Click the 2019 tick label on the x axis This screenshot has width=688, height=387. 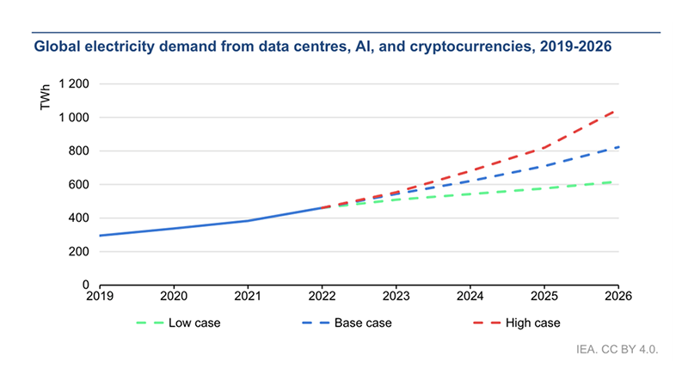[100, 296]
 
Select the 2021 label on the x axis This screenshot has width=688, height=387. [248, 296]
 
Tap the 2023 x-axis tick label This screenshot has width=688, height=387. [396, 296]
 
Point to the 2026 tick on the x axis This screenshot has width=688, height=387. [618, 296]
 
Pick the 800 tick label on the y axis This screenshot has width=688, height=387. [80, 151]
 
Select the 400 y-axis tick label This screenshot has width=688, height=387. [80, 218]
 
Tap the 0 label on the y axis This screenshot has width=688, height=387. [87, 285]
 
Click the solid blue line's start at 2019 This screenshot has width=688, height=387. [100, 236]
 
